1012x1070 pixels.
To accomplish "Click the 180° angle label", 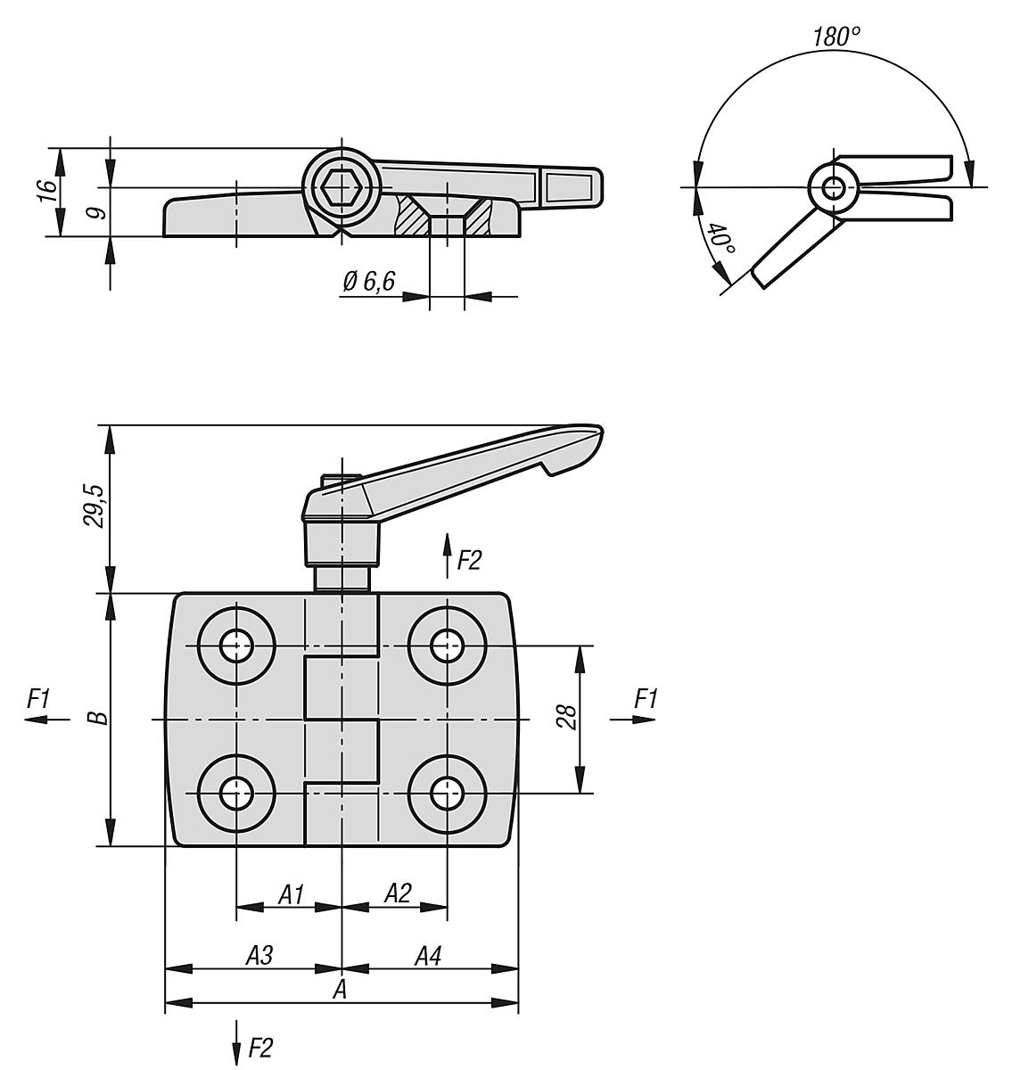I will tap(835, 37).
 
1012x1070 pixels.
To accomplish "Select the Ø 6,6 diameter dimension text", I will tap(368, 282).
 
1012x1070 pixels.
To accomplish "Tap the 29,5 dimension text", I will tap(95, 506).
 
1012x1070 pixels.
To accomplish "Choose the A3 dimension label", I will tap(259, 956).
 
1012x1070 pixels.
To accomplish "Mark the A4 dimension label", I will tap(427, 956).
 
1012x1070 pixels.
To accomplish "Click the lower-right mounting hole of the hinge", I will tap(447, 792).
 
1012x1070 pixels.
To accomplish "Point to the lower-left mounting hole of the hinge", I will tap(236, 792).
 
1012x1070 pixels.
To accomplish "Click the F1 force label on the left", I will tap(38, 700).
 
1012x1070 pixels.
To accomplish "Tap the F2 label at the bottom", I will tap(259, 1049).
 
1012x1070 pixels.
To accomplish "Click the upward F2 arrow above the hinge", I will tap(447, 555).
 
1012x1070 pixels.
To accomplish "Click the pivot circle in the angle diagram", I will tap(835, 187).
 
